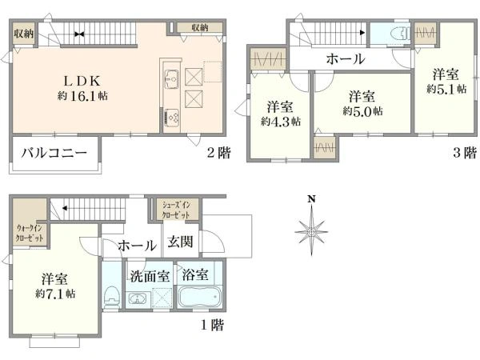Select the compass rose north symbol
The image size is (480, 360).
(x=311, y=229)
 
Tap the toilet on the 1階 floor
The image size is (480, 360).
(x=111, y=298)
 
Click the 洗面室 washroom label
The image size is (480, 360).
(x=150, y=274)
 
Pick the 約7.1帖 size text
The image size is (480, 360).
(x=55, y=294)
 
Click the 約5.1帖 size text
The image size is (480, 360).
(x=441, y=89)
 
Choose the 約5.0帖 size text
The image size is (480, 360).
(x=362, y=110)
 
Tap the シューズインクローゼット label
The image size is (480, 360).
(x=176, y=210)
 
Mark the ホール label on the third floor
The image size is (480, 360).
(x=346, y=58)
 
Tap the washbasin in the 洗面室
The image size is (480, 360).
(x=137, y=300)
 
